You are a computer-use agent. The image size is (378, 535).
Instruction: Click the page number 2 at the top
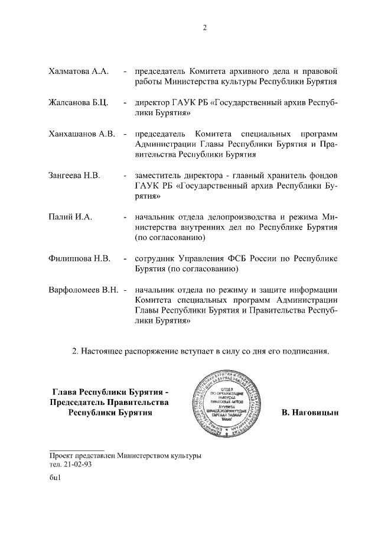point(204,28)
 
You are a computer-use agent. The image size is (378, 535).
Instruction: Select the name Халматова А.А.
point(79,72)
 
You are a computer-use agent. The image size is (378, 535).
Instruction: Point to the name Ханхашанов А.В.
point(81,134)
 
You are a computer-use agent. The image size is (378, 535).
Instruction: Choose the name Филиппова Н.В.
point(79,259)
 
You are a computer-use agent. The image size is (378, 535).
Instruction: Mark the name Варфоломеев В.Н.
point(83,290)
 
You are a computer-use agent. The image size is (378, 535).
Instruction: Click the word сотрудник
point(156,259)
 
